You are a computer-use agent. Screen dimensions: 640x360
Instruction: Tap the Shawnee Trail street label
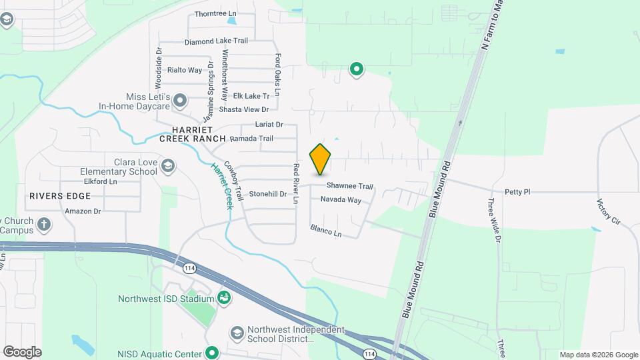tap(349, 187)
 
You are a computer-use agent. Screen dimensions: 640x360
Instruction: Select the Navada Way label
tap(341, 200)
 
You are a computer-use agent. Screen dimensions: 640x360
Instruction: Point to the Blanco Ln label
tap(325, 231)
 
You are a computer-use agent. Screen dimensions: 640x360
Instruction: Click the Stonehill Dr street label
tap(267, 194)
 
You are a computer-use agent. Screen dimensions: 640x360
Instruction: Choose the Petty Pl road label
tap(517, 192)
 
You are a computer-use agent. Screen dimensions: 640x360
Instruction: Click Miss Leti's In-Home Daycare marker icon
tap(179, 101)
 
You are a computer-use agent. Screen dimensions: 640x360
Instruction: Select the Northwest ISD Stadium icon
tap(224, 297)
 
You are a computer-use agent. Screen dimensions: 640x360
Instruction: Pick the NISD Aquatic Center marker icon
tap(212, 352)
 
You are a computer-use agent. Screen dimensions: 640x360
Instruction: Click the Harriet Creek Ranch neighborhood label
tap(192, 134)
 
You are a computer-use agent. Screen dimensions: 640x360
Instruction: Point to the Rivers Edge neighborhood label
tap(59, 196)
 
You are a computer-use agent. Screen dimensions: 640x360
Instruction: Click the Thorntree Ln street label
tap(215, 13)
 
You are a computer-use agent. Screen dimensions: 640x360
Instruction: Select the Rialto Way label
tap(185, 70)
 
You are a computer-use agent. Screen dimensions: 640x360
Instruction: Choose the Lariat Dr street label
tap(269, 125)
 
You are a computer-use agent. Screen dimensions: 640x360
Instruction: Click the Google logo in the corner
tap(22, 352)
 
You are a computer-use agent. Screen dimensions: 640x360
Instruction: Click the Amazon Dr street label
tap(83, 211)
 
